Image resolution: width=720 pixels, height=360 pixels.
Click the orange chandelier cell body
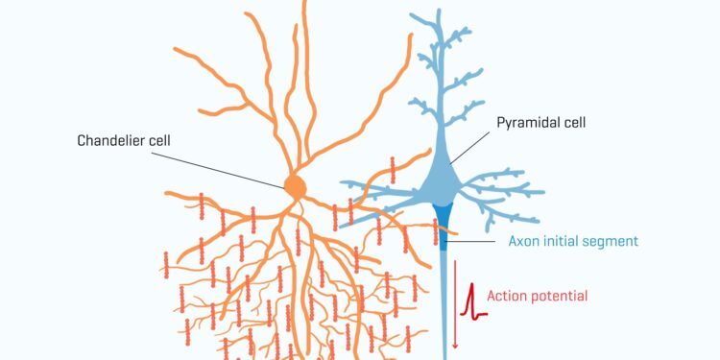296,185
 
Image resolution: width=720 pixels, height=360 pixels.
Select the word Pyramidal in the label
525,123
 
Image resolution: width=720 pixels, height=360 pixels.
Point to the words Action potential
538,296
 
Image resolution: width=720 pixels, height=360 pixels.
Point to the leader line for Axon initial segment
474,241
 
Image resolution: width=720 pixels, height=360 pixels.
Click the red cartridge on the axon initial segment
435,230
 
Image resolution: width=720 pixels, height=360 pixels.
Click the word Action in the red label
506,296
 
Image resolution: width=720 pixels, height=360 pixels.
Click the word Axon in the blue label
523,240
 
